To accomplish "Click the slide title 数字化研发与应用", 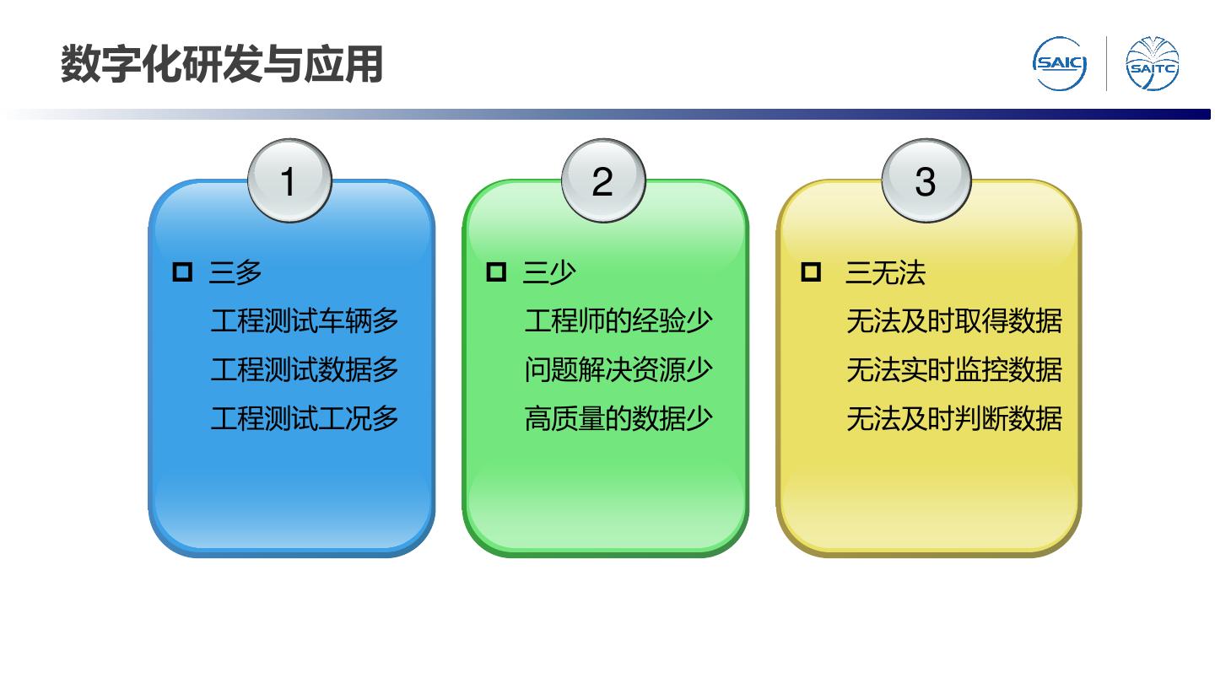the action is (x=221, y=65).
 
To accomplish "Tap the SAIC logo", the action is (x=1060, y=64).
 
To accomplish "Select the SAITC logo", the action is (x=1152, y=64).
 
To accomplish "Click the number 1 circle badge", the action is (x=289, y=181).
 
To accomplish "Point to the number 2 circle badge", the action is (x=602, y=181).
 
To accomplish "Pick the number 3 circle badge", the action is (x=926, y=181).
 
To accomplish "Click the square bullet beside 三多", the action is (x=182, y=272).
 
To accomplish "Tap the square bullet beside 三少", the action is (x=496, y=272).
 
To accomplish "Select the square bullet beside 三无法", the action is (x=810, y=272).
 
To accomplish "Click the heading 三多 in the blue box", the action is (x=235, y=272).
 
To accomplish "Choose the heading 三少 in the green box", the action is (x=549, y=272).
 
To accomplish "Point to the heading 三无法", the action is (x=885, y=272).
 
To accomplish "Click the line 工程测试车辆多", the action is (x=305, y=321).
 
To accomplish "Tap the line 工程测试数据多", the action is (x=305, y=370).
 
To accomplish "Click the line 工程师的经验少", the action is (x=618, y=321).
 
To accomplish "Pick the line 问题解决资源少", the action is (x=618, y=370).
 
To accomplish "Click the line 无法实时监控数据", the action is (x=953, y=370).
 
